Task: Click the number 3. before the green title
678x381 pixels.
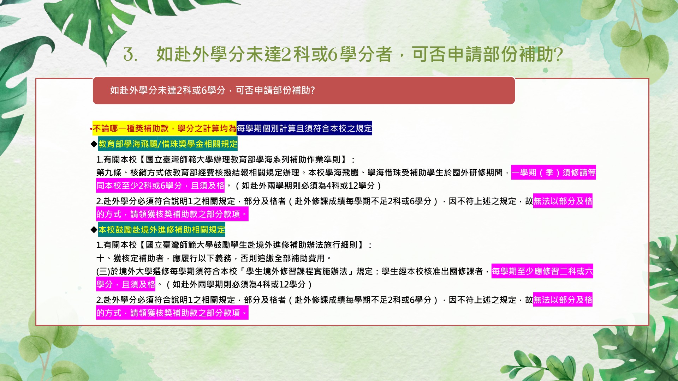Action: click(x=130, y=55)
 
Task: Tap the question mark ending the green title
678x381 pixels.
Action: click(x=558, y=55)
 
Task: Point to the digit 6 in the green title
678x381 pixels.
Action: click(x=333, y=55)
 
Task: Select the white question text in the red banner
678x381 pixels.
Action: click(x=212, y=90)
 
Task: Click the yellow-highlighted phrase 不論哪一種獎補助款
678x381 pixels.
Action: click(x=131, y=128)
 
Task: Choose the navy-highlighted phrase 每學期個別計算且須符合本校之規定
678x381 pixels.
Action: click(x=304, y=128)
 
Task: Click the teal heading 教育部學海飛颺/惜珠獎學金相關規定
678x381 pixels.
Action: click(x=168, y=144)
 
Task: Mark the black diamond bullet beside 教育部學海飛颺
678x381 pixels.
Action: click(x=94, y=144)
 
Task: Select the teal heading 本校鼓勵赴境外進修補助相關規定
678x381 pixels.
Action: click(x=162, y=230)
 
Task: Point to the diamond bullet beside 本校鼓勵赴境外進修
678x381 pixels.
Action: click(x=94, y=230)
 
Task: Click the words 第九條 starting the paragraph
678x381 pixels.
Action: click(x=109, y=173)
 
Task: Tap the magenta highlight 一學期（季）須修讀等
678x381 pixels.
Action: click(x=554, y=173)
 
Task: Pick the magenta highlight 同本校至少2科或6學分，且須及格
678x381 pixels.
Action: click(x=160, y=186)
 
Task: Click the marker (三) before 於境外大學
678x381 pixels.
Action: click(x=103, y=271)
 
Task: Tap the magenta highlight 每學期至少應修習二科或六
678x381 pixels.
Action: click(x=542, y=271)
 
